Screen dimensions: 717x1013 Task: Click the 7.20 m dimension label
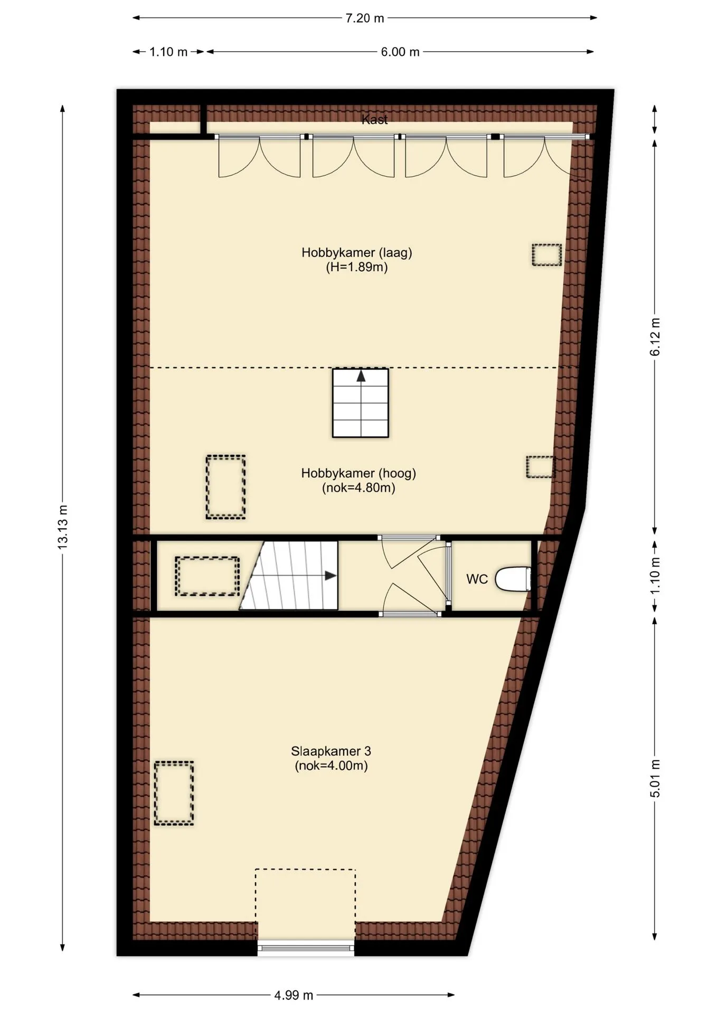364,18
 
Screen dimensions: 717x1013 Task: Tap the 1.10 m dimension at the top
168,52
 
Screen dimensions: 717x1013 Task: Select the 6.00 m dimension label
400,52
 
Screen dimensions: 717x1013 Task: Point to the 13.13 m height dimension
63,527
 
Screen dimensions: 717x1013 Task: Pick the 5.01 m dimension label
655,779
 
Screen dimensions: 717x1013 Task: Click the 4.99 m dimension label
294,996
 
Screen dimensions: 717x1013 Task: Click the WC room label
477,579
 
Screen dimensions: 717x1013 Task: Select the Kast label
375,120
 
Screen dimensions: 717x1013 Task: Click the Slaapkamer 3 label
331,751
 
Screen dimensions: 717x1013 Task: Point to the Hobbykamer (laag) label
357,252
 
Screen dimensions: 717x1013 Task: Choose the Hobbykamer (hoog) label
358,473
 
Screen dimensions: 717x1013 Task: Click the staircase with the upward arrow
361,403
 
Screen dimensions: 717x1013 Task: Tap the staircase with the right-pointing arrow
288,575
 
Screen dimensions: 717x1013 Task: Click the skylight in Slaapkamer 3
174,793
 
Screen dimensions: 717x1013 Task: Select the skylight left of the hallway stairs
207,576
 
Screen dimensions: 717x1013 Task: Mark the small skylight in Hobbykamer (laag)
546,255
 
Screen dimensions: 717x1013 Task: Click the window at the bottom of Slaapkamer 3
306,948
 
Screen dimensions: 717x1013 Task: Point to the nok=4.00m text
331,766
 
